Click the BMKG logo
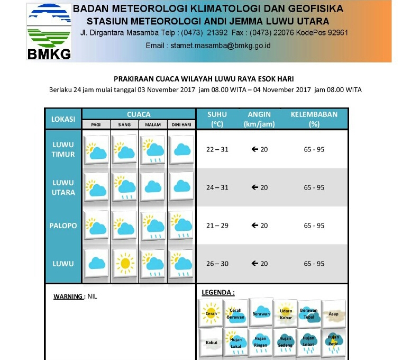tap(49, 32)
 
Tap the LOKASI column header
tap(63, 119)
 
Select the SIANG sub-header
tap(124, 125)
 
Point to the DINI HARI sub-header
tap(181, 125)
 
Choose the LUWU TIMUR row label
tap(63, 149)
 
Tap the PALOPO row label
tap(63, 226)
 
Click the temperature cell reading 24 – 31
tap(217, 187)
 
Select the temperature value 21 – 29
tap(217, 226)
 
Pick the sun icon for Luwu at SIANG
tap(125, 263)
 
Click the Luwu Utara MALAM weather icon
tap(153, 187)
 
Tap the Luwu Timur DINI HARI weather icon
tap(182, 149)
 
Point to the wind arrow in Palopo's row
tap(254, 226)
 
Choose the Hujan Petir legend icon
tap(333, 341)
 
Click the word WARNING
tap(68, 296)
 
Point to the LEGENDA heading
tap(218, 292)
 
